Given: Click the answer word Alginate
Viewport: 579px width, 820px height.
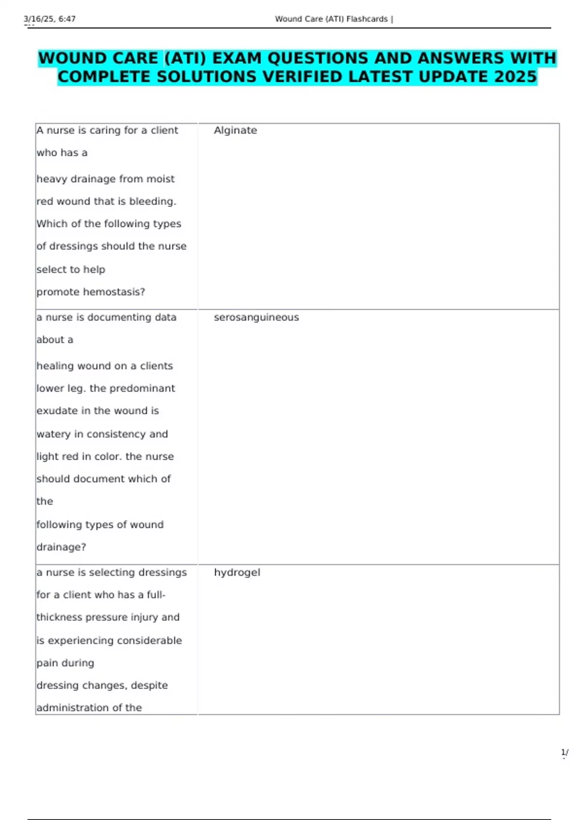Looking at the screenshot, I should pos(235,130).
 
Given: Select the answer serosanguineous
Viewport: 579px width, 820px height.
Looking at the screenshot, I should pos(256,317).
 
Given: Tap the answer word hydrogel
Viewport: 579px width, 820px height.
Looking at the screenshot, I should pos(237,573).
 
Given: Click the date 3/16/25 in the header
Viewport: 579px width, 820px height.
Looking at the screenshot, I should pos(39,19).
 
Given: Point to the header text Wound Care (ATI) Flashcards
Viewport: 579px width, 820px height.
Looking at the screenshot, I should pos(331,19).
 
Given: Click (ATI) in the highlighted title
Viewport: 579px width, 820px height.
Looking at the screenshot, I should pos(185,58).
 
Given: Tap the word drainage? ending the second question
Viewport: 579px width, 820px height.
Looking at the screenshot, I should pos(61,547).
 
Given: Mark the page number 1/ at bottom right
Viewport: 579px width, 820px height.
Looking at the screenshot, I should pos(565,752).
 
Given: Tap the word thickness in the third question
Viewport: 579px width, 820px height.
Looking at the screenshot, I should pos(59,617).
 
